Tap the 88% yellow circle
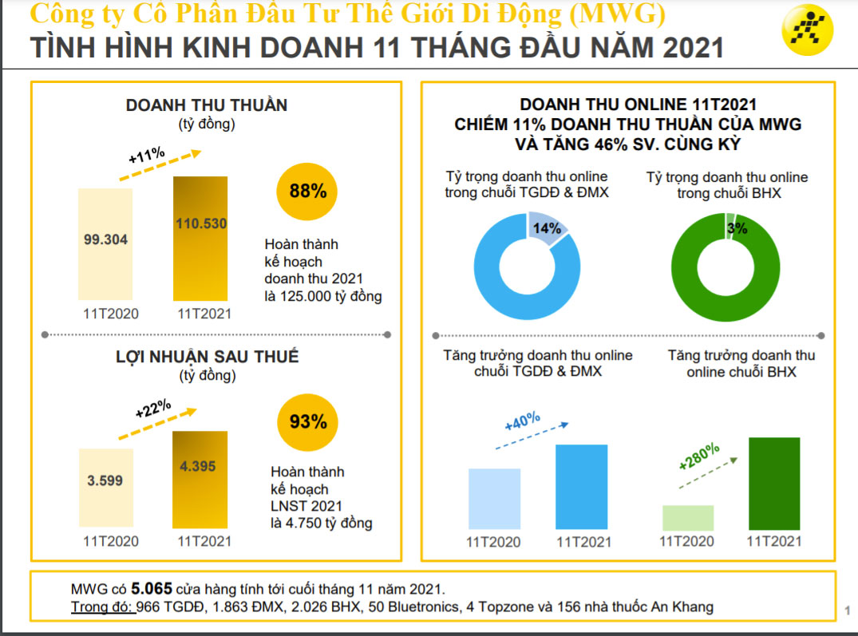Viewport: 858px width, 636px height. click(x=307, y=192)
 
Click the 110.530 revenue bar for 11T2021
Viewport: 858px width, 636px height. click(x=200, y=239)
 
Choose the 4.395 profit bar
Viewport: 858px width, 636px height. click(x=200, y=479)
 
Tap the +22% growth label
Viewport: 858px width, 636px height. click(x=152, y=409)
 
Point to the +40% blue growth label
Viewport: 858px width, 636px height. click(x=523, y=421)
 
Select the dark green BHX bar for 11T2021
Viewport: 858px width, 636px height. click(x=773, y=484)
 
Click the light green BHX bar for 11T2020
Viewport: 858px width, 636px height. click(x=688, y=518)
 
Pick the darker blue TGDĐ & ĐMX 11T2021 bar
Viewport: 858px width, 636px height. click(x=582, y=487)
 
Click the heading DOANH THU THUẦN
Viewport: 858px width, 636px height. click(x=206, y=105)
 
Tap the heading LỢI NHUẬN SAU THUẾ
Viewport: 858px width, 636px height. click(x=207, y=357)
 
